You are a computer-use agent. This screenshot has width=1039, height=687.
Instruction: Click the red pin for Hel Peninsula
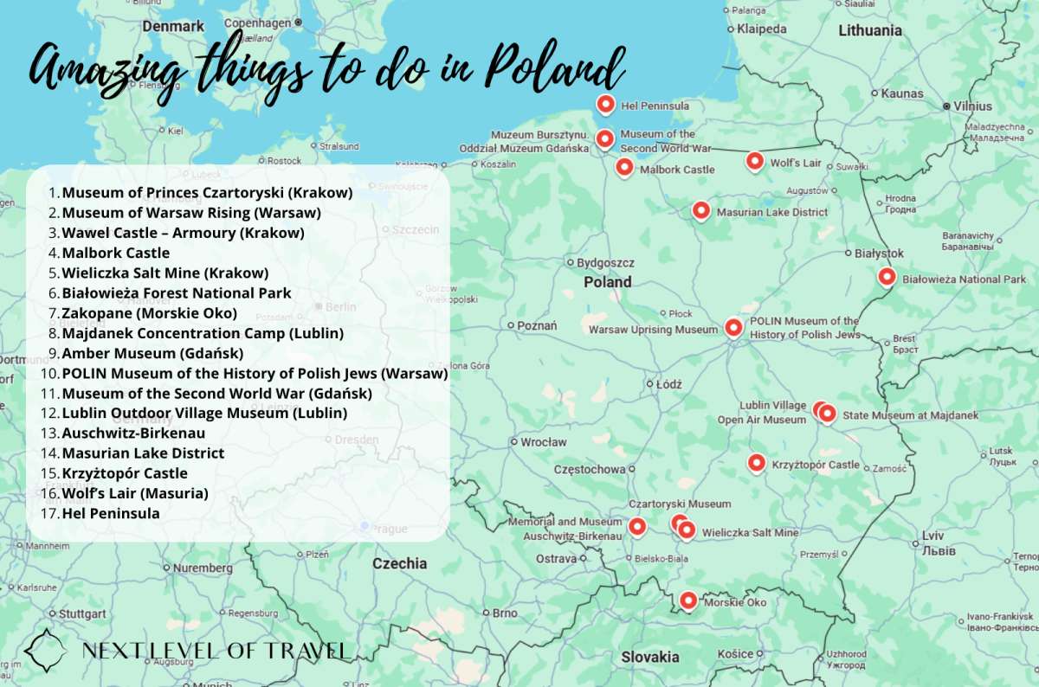[606, 105]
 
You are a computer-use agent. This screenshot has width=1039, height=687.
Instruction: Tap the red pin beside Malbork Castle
[624, 167]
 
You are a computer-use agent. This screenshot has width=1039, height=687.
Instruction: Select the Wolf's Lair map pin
[755, 161]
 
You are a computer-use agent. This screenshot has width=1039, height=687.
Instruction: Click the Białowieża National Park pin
[886, 277]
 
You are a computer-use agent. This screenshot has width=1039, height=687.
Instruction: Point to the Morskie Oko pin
[688, 600]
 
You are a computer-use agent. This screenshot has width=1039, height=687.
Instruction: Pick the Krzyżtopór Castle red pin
[757, 463]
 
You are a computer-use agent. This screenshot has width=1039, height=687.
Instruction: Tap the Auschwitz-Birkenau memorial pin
[637, 525]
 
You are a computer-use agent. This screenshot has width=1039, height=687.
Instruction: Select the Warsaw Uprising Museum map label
[653, 330]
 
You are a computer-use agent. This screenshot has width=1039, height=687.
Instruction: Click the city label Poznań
[536, 326]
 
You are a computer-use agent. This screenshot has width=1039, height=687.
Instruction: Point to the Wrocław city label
[543, 442]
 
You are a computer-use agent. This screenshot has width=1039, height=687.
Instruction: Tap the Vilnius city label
[973, 106]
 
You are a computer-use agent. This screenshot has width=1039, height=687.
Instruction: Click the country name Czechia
[399, 563]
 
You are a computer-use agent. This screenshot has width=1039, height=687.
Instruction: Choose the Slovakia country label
[649, 657]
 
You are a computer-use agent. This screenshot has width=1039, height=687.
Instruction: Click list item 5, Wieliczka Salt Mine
[165, 273]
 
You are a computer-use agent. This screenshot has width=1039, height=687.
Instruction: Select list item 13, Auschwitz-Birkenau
[133, 433]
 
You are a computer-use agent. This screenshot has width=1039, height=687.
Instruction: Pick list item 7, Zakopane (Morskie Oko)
[149, 312]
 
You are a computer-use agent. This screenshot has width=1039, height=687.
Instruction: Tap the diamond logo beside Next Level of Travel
[45, 650]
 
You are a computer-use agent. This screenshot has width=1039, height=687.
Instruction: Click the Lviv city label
[933, 536]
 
